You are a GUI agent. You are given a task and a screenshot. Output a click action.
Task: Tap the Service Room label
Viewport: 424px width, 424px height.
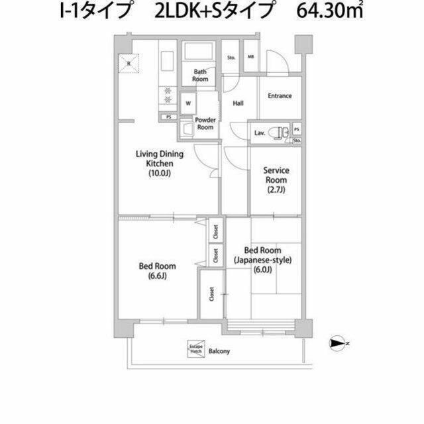click(x=276, y=175)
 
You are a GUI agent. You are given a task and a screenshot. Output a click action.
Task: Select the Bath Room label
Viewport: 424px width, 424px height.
click(x=201, y=75)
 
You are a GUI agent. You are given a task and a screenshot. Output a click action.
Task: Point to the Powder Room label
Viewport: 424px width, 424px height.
click(x=205, y=123)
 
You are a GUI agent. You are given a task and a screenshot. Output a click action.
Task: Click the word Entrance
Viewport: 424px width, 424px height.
click(x=280, y=96)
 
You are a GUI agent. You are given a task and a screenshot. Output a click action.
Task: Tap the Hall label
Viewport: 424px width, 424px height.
click(x=238, y=103)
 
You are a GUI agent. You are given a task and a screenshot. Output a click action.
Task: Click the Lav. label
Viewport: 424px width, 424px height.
click(x=260, y=133)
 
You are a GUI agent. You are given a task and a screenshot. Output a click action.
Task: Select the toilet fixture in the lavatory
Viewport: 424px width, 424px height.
click(x=283, y=132)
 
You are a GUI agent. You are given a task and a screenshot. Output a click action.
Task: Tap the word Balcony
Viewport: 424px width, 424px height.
click(x=219, y=351)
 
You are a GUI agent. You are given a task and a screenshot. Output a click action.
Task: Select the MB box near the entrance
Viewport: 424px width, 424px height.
click(x=251, y=57)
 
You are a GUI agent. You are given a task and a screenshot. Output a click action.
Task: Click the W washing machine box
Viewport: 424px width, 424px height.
click(x=188, y=103)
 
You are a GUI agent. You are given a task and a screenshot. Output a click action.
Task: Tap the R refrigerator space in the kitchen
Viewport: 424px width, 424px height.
click(x=128, y=64)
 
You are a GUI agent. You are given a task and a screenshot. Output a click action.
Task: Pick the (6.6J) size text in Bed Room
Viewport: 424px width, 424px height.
click(x=157, y=276)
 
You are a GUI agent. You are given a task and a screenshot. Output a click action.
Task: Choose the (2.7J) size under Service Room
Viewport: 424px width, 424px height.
click(x=276, y=190)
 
